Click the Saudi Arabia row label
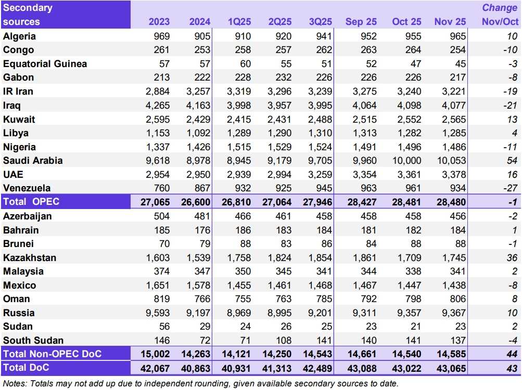coord(33,161)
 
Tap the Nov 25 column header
coord(449,22)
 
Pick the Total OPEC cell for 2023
coord(155,202)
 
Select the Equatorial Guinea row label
coord(45,64)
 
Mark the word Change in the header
coord(500,8)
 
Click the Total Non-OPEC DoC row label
coord(52,354)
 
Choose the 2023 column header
coord(159,22)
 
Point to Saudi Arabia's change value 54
coord(512,161)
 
